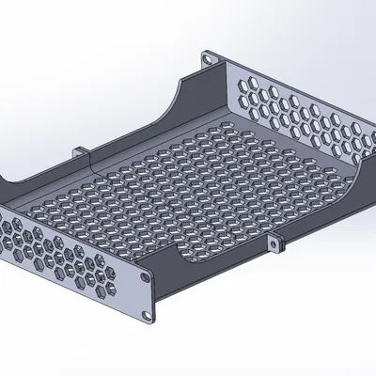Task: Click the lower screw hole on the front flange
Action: point(143,314)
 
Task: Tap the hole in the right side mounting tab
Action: point(275,245)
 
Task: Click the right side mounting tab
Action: point(275,243)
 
